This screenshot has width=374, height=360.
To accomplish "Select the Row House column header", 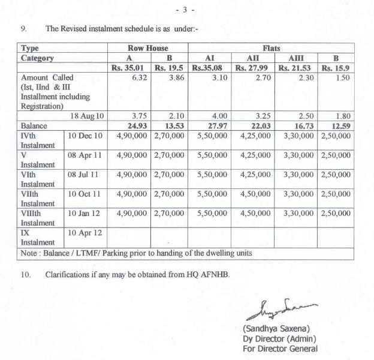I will (147, 48).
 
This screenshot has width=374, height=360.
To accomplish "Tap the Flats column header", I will (271, 48).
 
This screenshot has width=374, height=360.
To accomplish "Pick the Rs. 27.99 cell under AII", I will (254, 68).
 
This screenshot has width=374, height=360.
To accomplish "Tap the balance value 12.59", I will (339, 125).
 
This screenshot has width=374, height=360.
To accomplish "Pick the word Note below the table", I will (30, 253).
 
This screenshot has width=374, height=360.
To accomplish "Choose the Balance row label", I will (34, 125).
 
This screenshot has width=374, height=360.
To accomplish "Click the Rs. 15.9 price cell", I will (336, 68).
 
